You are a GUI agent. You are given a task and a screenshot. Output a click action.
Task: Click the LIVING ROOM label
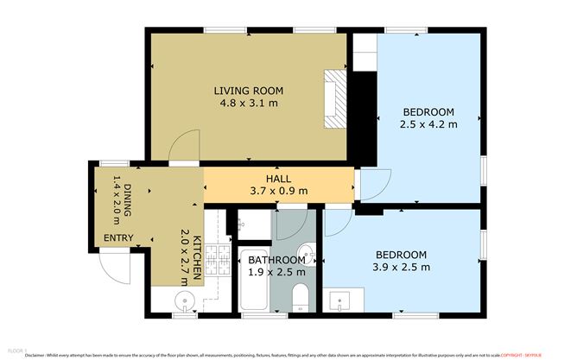click(248, 91)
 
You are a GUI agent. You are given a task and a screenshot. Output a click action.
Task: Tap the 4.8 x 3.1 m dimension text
click(248, 105)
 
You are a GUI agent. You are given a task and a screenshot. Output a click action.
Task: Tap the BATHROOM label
click(276, 259)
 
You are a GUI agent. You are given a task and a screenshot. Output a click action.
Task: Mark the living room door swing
click(183, 148)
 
